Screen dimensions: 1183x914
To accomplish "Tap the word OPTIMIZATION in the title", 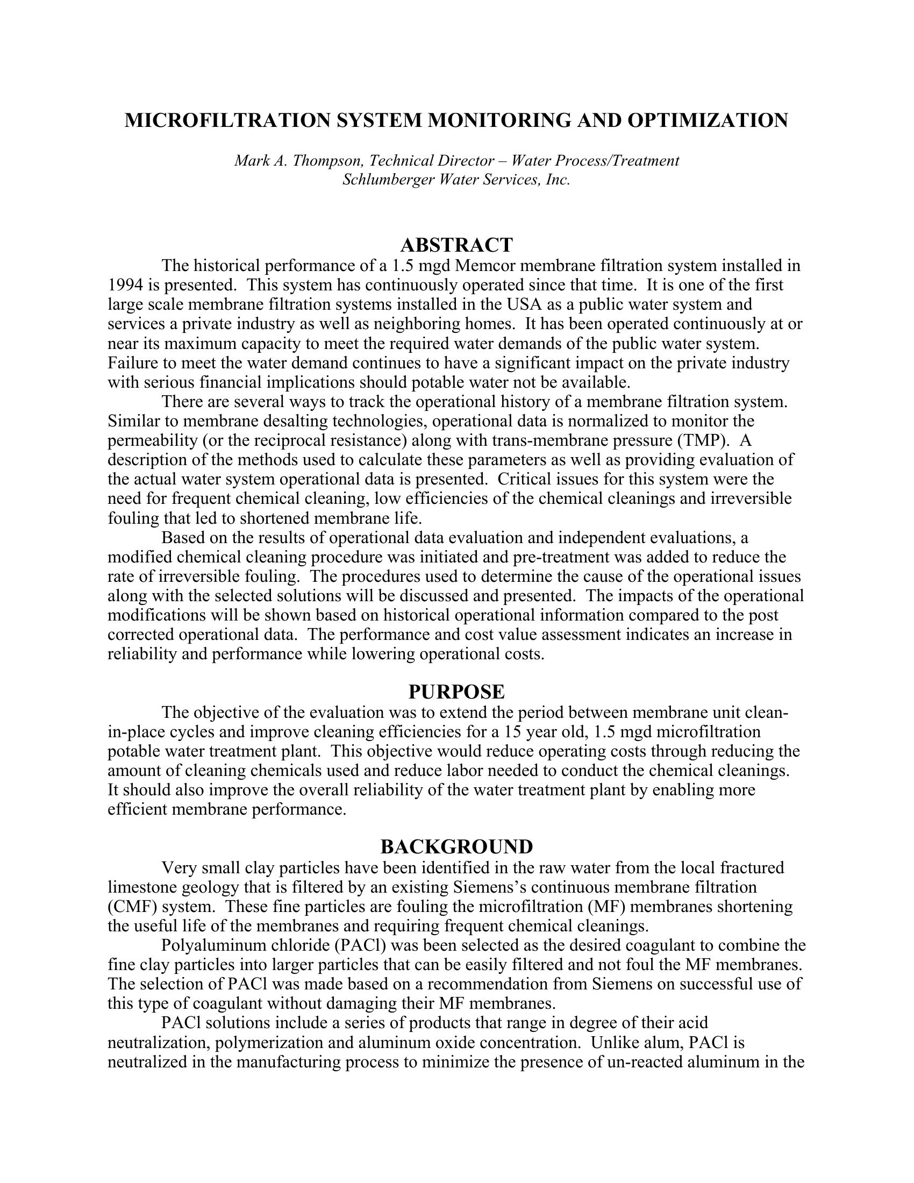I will [x=708, y=120].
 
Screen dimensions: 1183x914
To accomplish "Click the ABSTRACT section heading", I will [x=456, y=245].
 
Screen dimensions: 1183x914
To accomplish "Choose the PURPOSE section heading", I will [x=456, y=692].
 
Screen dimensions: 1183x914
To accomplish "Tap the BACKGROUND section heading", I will [x=456, y=846].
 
